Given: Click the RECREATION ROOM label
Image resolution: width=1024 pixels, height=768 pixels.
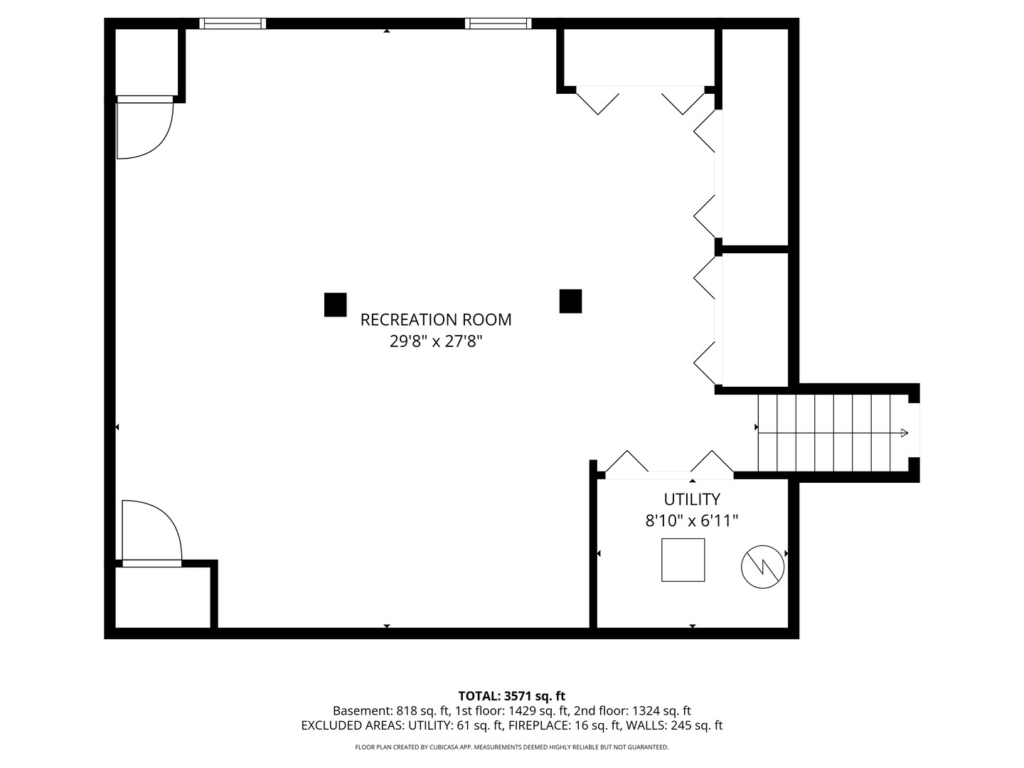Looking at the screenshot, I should (x=435, y=320).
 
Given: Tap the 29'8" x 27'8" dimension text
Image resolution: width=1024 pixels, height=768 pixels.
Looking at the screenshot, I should (x=435, y=341).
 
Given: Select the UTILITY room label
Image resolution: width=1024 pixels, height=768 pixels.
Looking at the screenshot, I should (x=691, y=499).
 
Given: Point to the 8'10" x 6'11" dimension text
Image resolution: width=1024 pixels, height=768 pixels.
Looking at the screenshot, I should (x=691, y=521).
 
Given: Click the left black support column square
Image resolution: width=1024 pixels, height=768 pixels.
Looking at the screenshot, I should (x=335, y=304).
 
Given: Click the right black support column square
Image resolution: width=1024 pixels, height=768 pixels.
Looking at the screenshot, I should (x=570, y=301).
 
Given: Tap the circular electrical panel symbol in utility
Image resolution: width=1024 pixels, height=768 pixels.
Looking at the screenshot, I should (x=762, y=567).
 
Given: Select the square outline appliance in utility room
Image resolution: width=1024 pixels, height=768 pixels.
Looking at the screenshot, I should (x=683, y=560).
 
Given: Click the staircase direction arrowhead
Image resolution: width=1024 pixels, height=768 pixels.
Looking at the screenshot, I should (x=904, y=432).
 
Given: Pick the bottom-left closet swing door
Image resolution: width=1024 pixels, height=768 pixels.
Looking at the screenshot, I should (x=151, y=532).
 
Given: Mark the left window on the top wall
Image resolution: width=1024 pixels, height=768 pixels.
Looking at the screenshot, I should (x=233, y=23).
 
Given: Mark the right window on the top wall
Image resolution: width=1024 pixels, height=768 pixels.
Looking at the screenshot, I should (x=498, y=23).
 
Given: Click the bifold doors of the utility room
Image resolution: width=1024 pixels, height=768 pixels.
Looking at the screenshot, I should (x=668, y=464).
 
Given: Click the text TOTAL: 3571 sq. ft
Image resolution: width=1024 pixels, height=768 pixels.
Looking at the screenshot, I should (x=511, y=696).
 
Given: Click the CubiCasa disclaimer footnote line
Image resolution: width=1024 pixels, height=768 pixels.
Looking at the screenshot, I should (x=511, y=747).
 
